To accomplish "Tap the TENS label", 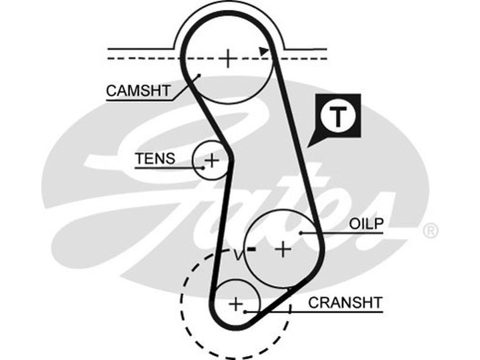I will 155,159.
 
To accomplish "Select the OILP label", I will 366,224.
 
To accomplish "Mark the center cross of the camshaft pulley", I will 228,58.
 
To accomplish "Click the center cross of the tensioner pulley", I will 212,160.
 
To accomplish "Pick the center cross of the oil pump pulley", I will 283,248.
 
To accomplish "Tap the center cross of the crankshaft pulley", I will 236,304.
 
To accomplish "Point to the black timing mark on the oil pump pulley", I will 252,248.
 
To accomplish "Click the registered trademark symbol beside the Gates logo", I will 431,231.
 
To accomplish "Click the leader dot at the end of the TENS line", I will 204,168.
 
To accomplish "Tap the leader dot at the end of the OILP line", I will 301,232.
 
